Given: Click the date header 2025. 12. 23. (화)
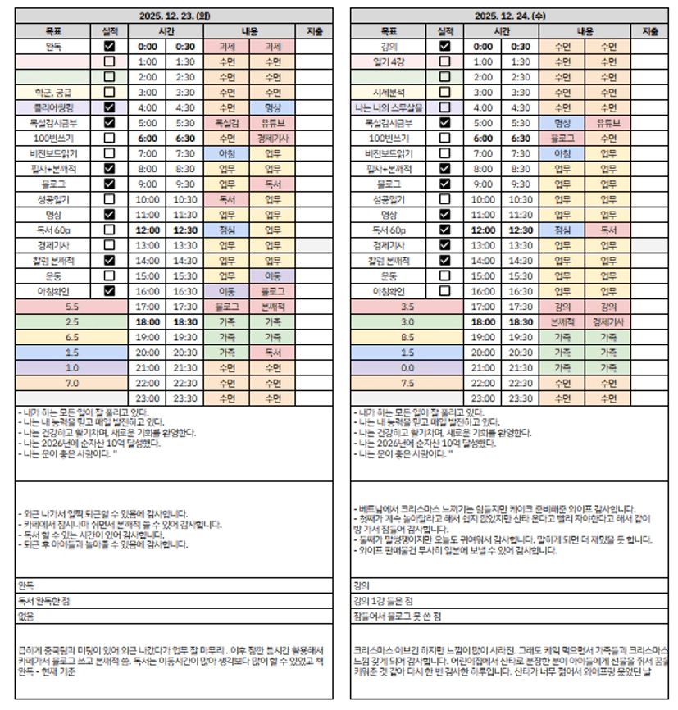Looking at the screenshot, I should click(x=175, y=16).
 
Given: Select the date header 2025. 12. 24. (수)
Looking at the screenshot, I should click(x=509, y=16).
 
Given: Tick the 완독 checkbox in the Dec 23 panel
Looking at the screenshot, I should click(x=109, y=47).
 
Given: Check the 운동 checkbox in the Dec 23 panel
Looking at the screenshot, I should click(x=109, y=275).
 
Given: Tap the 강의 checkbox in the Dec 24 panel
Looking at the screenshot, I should click(x=444, y=47).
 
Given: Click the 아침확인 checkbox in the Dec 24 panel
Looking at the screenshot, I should click(x=444, y=291).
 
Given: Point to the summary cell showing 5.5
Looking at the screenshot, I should click(x=72, y=306).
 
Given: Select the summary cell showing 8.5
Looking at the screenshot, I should click(x=407, y=337).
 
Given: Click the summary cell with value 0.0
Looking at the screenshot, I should click(x=407, y=367).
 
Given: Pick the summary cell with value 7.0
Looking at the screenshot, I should click(x=72, y=383).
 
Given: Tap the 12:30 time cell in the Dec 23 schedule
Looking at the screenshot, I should click(x=184, y=230).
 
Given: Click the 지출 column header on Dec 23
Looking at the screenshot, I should click(x=314, y=31).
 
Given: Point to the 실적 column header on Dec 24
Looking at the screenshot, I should click(x=444, y=31).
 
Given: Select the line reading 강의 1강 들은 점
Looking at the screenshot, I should click(x=382, y=601).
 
